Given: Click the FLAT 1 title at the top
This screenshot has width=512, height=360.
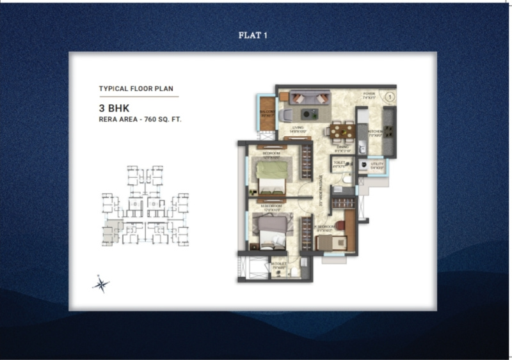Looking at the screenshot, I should pos(252,35).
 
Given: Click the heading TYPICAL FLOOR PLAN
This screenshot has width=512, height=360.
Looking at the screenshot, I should pos(136,89).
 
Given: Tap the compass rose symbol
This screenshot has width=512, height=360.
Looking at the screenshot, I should pos(100,283).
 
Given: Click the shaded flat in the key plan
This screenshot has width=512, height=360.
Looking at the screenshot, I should pos(115,226).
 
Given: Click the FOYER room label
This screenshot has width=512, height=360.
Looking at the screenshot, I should pos(369,94).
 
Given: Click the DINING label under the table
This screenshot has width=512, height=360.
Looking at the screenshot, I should pos(343,146).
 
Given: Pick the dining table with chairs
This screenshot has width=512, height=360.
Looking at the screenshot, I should pos(342,130).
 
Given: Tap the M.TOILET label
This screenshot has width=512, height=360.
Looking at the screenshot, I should pos(278,263).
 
